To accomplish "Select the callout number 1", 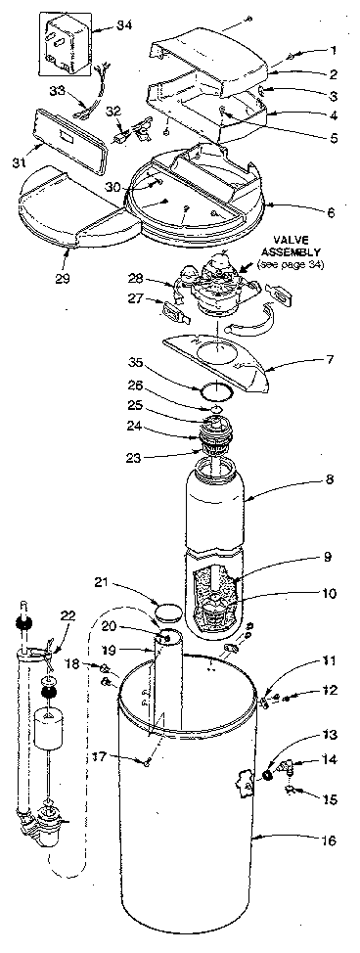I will (x=332, y=50).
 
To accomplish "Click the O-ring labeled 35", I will (x=215, y=390).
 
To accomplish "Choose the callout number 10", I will (x=332, y=593).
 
